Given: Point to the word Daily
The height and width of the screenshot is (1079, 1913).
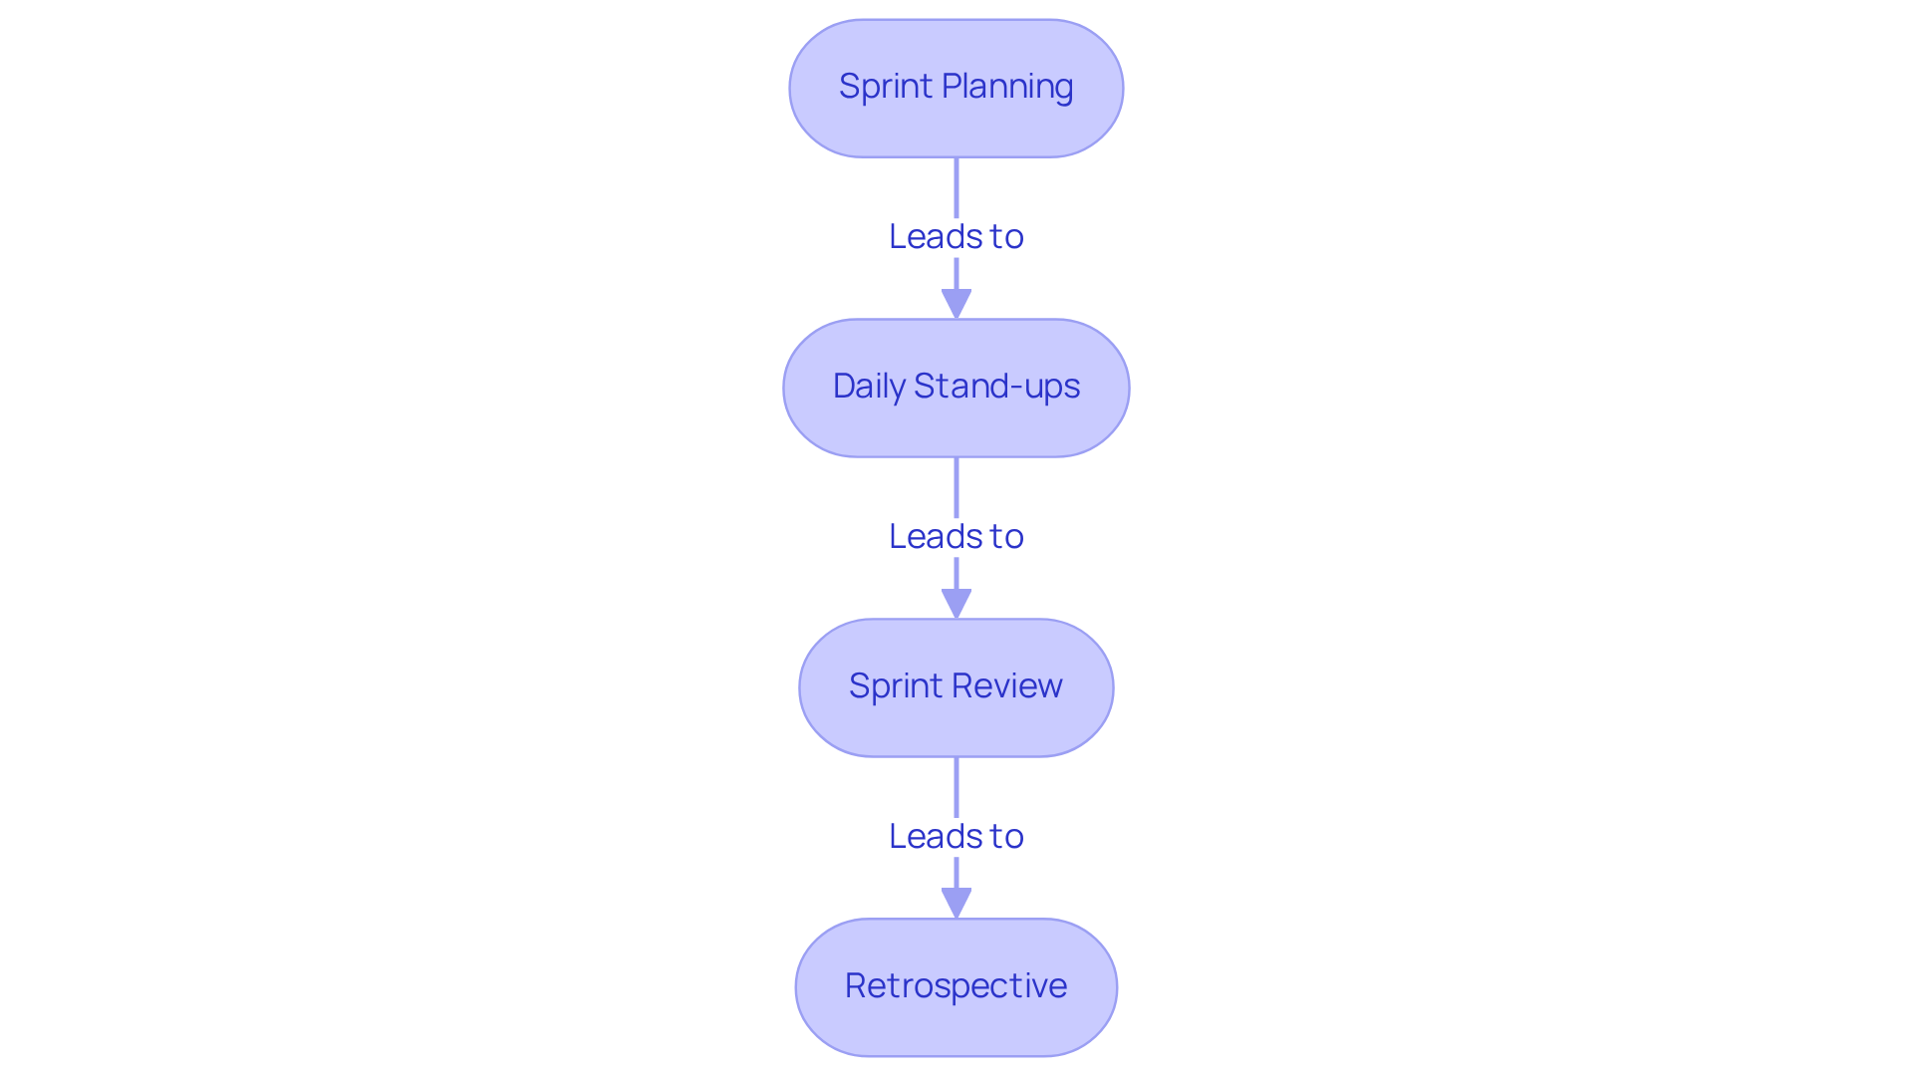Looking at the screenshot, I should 868,387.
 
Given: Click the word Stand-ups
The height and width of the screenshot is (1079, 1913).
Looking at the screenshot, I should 996,387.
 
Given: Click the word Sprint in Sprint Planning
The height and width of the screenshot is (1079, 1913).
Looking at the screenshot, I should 885,87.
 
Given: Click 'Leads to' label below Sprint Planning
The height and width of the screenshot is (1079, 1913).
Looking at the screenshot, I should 956,237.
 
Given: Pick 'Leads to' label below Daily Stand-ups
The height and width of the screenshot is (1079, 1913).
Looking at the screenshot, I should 956,537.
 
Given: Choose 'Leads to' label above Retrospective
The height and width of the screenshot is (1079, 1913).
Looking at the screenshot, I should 956,837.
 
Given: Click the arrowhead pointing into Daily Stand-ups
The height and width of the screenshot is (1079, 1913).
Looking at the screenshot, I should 956,304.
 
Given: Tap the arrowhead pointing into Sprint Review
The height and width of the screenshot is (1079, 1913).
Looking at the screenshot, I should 956,604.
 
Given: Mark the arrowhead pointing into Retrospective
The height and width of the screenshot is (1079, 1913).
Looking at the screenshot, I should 956,904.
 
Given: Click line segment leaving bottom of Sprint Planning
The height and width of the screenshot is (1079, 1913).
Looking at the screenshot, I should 956,186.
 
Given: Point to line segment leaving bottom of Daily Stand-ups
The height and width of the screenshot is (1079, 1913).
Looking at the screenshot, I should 956,486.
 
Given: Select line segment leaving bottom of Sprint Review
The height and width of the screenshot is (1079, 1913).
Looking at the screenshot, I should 956,786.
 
